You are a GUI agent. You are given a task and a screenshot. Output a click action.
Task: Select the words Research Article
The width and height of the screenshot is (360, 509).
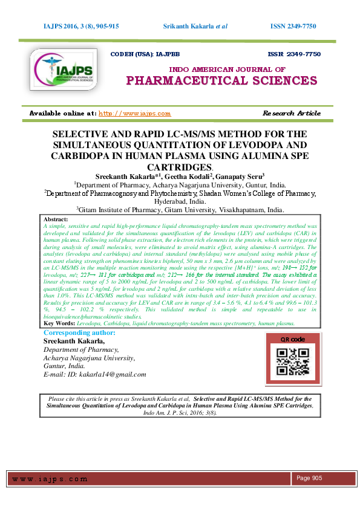[292, 113]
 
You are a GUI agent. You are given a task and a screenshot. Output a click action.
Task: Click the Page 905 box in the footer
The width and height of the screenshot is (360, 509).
[309, 478]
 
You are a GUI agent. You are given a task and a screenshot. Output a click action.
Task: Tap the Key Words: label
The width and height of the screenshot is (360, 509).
[61, 324]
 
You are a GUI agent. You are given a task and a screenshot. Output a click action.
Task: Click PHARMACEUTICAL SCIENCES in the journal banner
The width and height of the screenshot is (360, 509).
[221, 80]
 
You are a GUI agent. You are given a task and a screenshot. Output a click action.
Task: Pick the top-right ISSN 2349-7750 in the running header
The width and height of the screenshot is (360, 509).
[293, 27]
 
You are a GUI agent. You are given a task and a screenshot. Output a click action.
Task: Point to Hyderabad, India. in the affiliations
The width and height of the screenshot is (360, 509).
[180, 201]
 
